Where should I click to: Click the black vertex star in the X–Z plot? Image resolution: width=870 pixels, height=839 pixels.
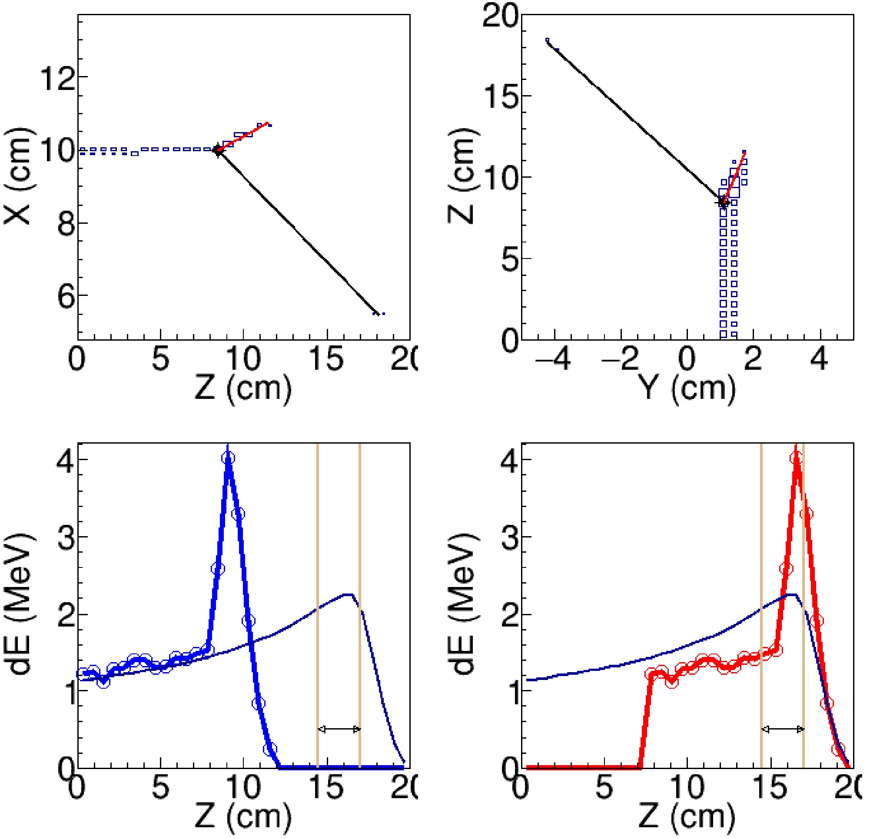click(217, 151)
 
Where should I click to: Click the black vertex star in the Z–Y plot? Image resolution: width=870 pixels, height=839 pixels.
click(724, 202)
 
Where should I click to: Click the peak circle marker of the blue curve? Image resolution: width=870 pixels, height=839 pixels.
click(228, 458)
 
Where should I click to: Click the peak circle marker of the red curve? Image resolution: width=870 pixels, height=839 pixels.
click(797, 458)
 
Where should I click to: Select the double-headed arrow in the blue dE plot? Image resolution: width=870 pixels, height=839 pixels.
click(339, 729)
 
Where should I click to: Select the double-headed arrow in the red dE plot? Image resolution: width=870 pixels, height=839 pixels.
click(783, 729)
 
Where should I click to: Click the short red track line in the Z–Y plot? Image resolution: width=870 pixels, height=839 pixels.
click(735, 176)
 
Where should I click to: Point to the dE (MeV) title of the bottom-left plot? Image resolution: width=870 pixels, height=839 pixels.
click(21, 607)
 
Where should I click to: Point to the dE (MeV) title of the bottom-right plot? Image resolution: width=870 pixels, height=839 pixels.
click(465, 607)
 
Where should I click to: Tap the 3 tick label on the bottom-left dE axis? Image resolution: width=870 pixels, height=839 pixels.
click(66, 537)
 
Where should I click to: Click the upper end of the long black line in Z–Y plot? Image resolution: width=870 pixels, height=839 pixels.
click(548, 43)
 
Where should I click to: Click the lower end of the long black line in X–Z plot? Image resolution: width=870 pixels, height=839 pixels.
click(376, 313)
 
